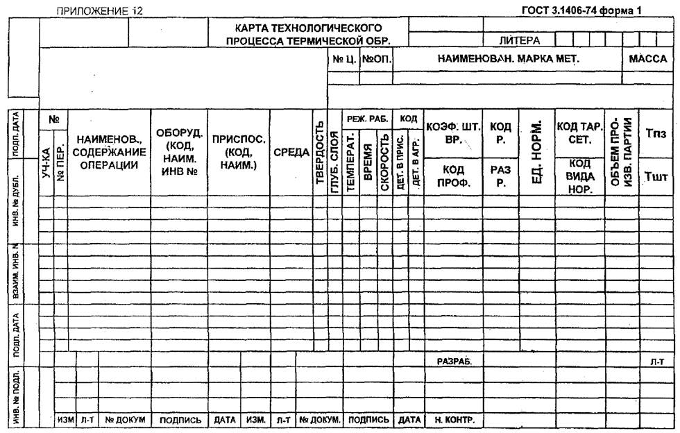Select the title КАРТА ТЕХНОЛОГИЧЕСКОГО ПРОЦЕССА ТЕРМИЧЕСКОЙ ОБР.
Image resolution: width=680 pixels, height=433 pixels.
(308, 35)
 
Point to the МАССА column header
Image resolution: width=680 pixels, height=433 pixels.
(647, 60)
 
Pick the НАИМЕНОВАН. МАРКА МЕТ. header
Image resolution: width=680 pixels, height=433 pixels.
(508, 60)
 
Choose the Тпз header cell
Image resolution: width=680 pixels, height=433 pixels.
(656, 133)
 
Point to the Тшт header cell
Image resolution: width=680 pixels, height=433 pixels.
(656, 177)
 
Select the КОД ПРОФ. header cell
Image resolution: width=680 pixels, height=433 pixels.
(453, 176)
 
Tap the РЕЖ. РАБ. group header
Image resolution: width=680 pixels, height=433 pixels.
(367, 119)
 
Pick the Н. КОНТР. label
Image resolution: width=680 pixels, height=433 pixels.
(453, 420)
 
